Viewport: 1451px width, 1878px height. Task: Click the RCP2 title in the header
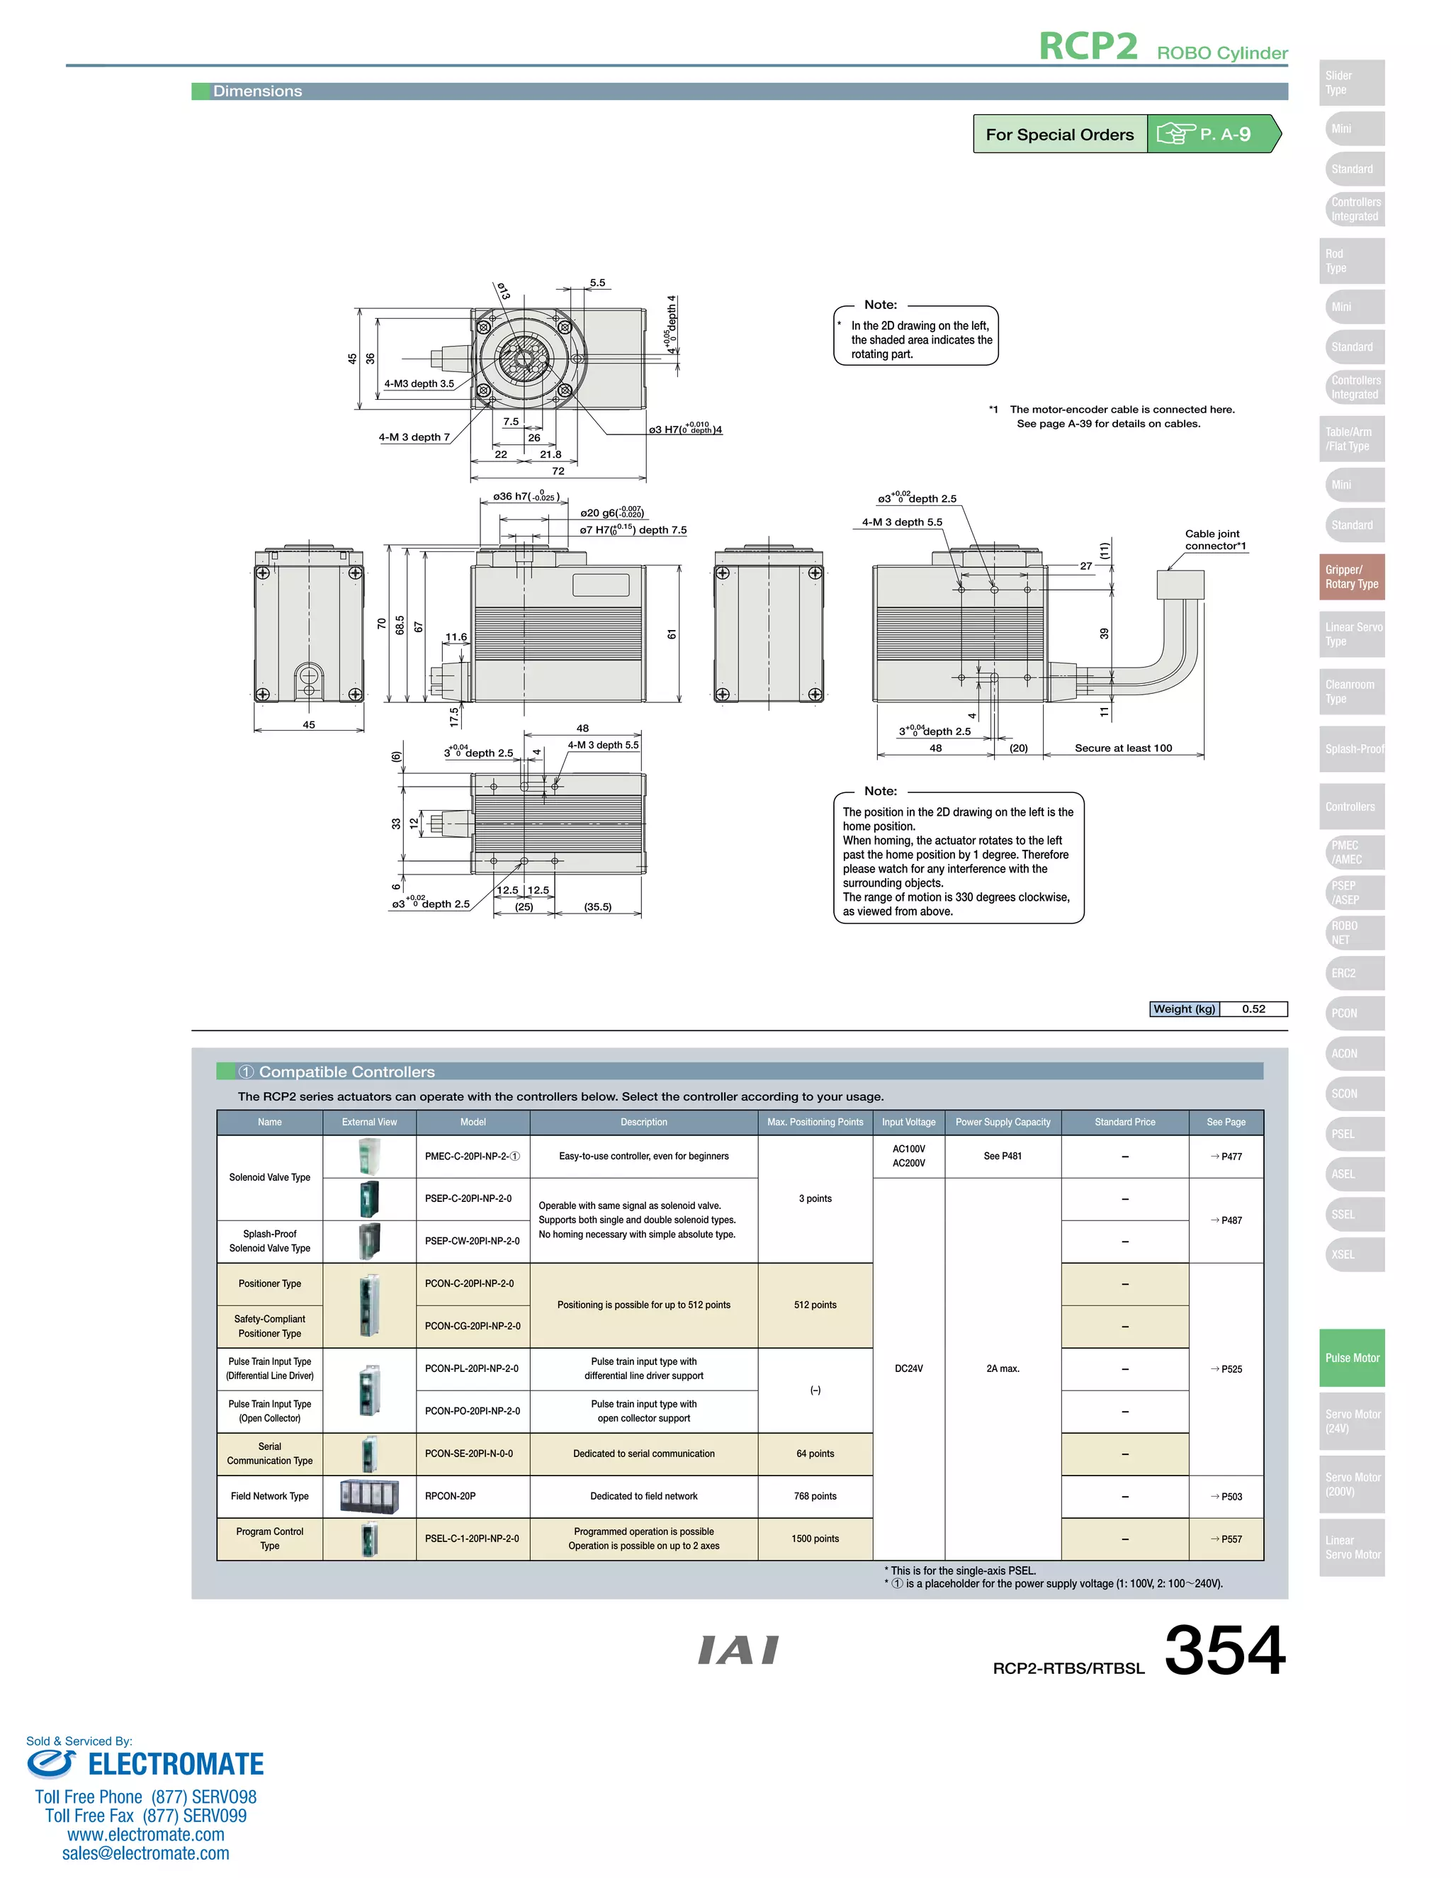point(1088,47)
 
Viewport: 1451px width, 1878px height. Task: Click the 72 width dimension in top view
point(558,471)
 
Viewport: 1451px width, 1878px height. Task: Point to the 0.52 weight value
point(1253,1008)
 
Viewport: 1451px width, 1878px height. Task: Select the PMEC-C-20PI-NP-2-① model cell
point(472,1157)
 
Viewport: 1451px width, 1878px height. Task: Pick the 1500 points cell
point(814,1539)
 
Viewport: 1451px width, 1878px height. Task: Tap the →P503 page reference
point(1226,1496)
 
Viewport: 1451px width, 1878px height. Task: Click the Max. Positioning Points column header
point(814,1122)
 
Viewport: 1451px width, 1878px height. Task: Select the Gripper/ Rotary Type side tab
point(1351,577)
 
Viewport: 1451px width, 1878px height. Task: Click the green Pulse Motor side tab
point(1351,1358)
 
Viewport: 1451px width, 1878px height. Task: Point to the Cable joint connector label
point(1214,540)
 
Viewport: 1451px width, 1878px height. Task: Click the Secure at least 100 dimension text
point(1123,748)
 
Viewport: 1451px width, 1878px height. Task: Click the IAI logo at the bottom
point(738,1650)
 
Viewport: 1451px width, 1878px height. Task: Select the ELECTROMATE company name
point(176,1765)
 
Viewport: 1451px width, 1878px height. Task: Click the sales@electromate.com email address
point(145,1853)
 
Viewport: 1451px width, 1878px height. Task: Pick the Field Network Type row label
point(269,1496)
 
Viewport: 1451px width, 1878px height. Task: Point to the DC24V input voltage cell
point(908,1369)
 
